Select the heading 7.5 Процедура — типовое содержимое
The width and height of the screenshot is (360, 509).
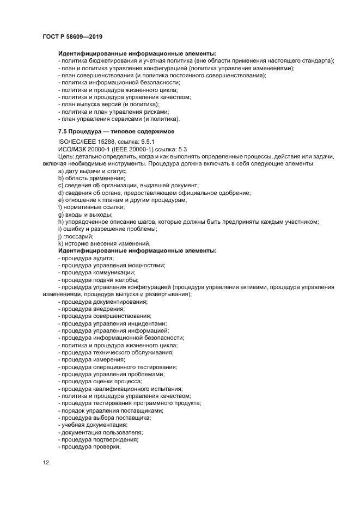point(112,132)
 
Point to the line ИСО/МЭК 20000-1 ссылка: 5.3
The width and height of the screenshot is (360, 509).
point(123,149)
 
